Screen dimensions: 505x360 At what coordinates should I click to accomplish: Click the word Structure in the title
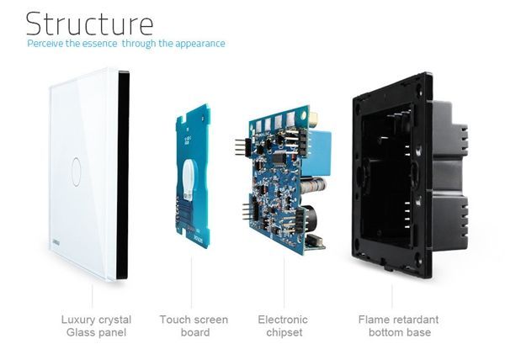tap(89, 24)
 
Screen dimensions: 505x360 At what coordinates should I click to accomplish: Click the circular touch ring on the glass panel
tap(76, 172)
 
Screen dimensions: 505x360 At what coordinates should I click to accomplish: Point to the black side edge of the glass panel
tap(123, 175)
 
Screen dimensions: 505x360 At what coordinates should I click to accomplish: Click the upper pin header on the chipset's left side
tap(242, 147)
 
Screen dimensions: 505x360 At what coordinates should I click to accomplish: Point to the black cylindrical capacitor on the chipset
tap(310, 219)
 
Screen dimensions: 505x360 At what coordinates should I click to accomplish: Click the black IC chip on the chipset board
tap(279, 158)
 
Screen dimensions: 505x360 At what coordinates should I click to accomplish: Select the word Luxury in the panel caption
tap(78, 320)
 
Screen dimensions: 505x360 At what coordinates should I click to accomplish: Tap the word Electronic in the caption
tap(283, 320)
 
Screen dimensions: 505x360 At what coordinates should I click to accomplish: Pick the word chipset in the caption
tap(284, 332)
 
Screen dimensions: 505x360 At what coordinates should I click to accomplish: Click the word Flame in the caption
tap(374, 320)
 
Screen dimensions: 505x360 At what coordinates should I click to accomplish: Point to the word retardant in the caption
tap(415, 320)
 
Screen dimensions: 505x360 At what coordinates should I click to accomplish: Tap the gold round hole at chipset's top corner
tap(303, 115)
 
